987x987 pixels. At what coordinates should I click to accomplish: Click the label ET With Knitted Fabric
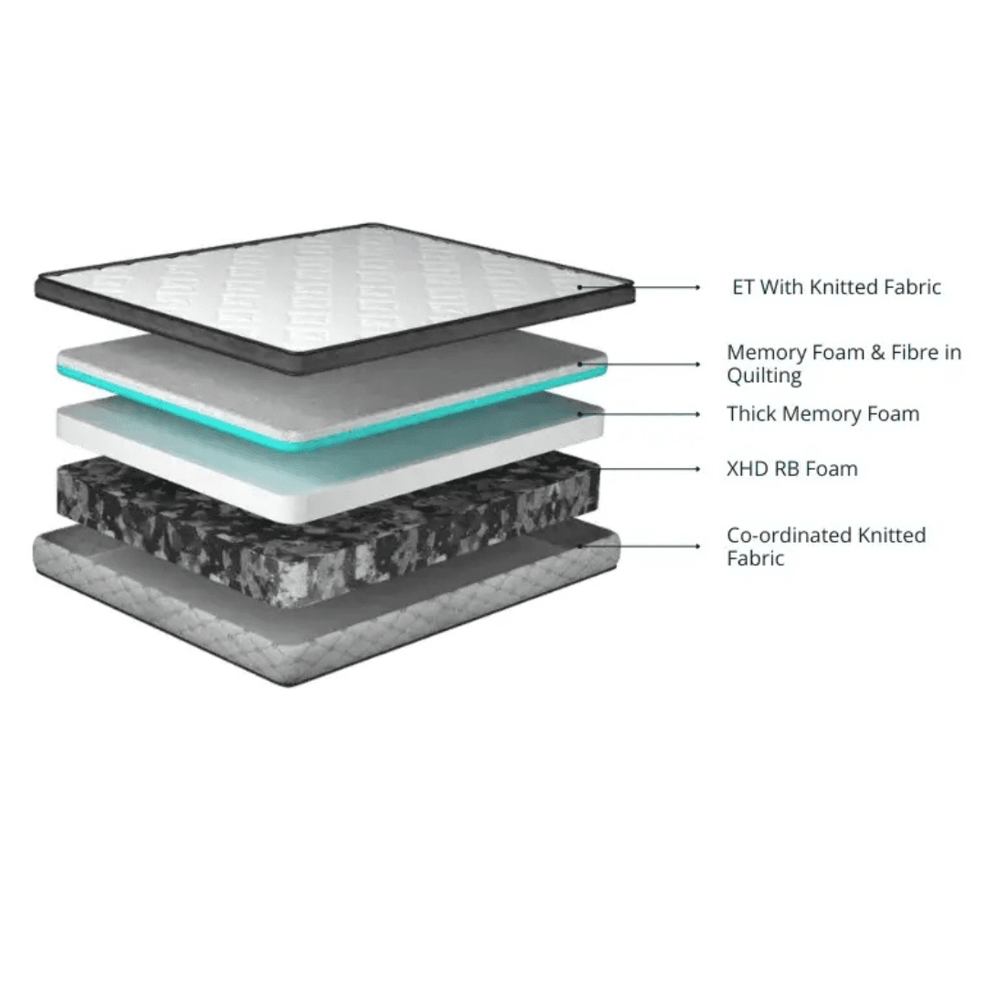[x=836, y=287]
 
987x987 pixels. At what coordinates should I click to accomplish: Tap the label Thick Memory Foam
[x=822, y=414]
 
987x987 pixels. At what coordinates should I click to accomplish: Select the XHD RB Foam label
[x=791, y=469]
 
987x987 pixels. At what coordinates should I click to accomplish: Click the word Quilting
[x=764, y=377]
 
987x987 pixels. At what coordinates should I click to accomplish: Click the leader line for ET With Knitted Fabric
[x=638, y=287]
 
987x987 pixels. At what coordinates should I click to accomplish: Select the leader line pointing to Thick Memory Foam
[x=638, y=414]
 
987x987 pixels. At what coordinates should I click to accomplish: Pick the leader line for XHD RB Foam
[x=648, y=469]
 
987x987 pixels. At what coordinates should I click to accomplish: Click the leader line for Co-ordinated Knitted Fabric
[x=638, y=546]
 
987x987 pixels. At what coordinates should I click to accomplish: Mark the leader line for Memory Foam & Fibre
[x=638, y=364]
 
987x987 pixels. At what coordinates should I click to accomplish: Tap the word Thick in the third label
[x=751, y=414]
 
